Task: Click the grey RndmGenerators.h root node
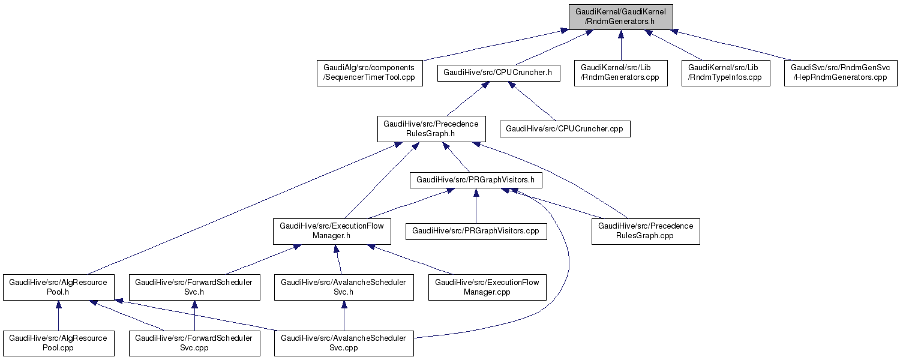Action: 621,16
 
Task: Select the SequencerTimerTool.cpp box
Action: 369,73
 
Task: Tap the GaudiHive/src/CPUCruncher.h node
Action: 501,73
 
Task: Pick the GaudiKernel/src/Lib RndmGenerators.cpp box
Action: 620,73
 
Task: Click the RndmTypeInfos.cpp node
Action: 726,73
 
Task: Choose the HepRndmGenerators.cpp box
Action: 840,73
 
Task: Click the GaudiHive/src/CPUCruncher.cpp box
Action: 566,129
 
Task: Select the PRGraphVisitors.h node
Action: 476,179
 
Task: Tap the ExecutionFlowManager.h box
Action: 332,231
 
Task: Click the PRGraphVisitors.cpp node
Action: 476,231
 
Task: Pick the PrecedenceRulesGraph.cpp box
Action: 646,231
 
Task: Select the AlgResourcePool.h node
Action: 58,287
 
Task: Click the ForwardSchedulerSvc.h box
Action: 194,287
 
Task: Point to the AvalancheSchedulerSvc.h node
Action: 343,287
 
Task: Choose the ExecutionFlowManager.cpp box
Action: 487,287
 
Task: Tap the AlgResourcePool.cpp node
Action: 58,343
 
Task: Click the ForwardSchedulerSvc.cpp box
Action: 194,343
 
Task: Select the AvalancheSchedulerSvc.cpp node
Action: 343,343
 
